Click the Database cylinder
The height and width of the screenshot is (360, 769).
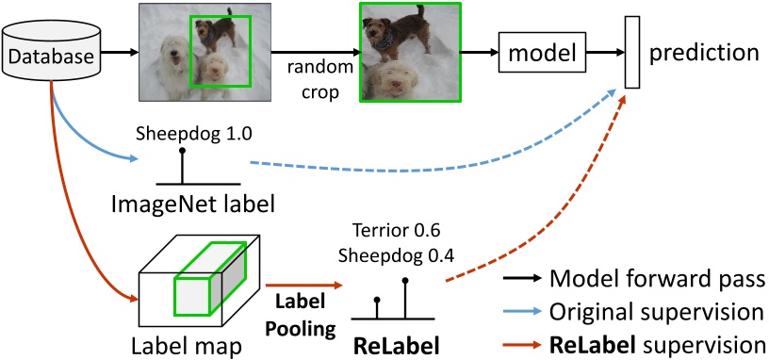point(51,57)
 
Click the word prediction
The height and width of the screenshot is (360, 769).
point(703,52)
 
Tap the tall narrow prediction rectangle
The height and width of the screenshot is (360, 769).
point(632,53)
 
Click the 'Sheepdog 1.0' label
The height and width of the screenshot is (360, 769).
point(180,134)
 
